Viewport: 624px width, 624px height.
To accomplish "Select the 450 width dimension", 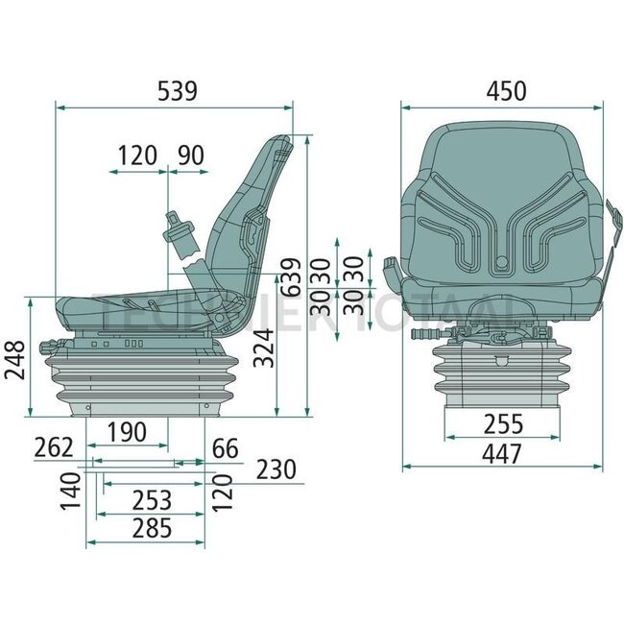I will [x=506, y=91].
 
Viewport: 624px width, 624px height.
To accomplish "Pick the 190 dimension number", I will [x=127, y=433].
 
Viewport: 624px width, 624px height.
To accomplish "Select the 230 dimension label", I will [x=276, y=468].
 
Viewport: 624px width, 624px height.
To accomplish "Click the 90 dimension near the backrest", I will [x=191, y=156].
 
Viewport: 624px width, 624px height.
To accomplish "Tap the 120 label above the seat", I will [x=137, y=156].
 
